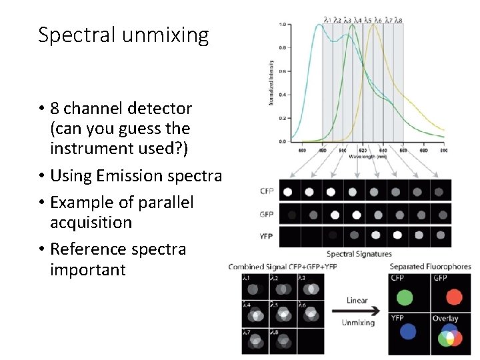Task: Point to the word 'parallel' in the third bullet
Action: [x=162, y=202]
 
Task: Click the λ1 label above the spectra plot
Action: [x=327, y=20]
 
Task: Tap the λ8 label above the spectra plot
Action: [x=398, y=20]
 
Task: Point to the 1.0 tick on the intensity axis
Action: [x=283, y=25]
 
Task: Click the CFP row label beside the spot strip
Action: [x=267, y=191]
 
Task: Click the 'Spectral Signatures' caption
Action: [x=359, y=254]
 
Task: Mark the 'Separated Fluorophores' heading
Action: [x=430, y=267]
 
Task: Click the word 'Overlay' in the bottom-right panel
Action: [x=445, y=318]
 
